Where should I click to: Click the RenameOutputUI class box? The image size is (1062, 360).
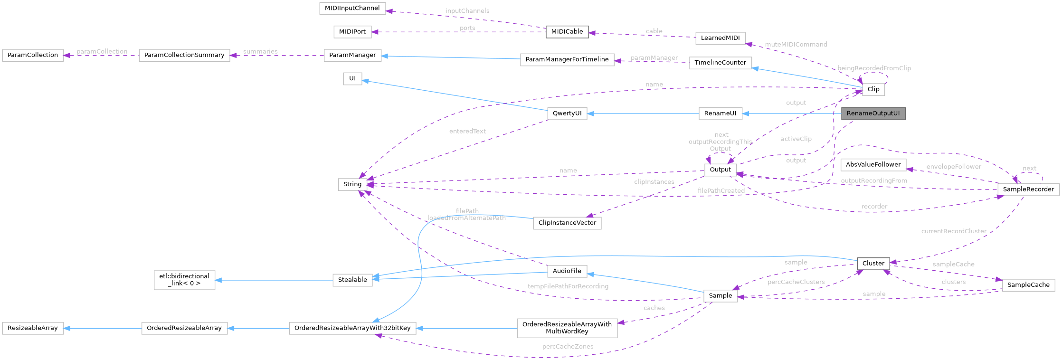[873, 114]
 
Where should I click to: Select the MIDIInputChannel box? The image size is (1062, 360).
[352, 8]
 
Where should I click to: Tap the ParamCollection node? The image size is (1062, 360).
[33, 55]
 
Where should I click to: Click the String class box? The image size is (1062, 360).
[352, 184]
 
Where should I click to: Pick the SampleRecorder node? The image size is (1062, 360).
[1028, 189]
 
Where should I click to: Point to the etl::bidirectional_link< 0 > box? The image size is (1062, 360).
[184, 280]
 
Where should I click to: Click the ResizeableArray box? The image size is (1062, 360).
[33, 328]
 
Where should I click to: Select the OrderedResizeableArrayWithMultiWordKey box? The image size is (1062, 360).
[567, 328]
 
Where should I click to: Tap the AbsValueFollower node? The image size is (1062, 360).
[873, 165]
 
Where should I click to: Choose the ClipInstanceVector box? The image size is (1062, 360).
[567, 223]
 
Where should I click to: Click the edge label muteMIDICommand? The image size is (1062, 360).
[796, 44]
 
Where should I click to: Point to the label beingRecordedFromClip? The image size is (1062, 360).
[874, 68]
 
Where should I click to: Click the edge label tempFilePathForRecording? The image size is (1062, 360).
[568, 286]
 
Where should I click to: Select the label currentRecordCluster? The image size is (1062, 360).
[954, 231]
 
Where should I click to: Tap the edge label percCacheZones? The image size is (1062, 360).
[568, 347]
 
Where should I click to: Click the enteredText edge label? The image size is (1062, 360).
[467, 131]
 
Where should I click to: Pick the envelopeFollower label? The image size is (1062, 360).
[953, 167]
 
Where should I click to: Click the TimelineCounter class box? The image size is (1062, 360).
[720, 63]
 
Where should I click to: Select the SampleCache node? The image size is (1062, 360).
[1028, 285]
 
